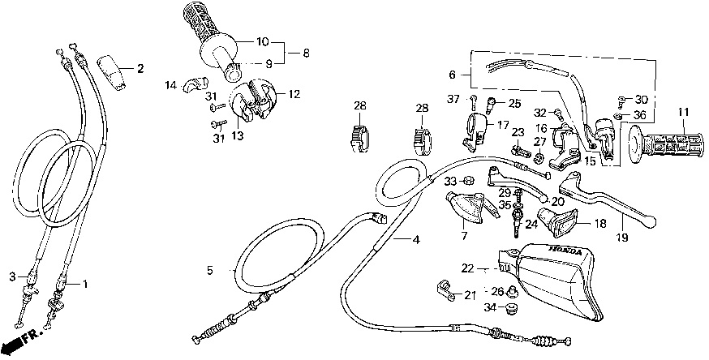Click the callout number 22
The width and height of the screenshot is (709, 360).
click(467, 268)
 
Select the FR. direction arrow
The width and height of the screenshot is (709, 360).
click(24, 340)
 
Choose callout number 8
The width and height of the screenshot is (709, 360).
click(306, 54)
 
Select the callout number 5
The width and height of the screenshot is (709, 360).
click(209, 271)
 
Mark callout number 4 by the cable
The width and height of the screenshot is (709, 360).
click(416, 240)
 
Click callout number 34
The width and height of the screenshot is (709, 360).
click(489, 307)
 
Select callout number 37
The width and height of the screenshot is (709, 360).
click(453, 99)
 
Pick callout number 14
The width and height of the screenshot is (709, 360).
click(171, 85)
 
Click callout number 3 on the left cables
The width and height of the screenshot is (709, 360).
click(12, 276)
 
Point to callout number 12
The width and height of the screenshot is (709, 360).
click(294, 94)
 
